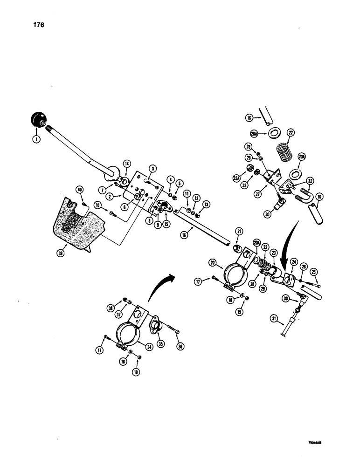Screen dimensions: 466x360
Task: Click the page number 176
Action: [x=38, y=25]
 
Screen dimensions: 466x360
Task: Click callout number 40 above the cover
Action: [x=80, y=190]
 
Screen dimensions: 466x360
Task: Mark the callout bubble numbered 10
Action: [x=98, y=205]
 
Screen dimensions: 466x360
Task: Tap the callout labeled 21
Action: [x=239, y=231]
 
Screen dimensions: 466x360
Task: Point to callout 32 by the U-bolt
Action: [x=310, y=180]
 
